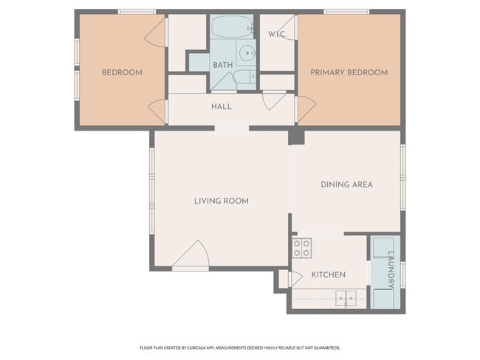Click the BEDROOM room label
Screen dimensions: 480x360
(x=122, y=72)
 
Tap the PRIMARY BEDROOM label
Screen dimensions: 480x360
(x=349, y=72)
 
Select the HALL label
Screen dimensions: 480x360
(x=222, y=107)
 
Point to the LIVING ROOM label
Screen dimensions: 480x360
(x=222, y=201)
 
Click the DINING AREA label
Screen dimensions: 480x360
(x=346, y=184)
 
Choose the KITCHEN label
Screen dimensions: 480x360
(x=329, y=274)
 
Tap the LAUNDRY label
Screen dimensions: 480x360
(x=391, y=270)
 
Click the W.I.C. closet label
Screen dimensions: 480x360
(x=277, y=34)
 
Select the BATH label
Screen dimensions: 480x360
(x=223, y=65)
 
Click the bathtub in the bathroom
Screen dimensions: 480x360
(x=232, y=27)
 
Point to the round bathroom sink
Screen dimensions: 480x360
(x=247, y=54)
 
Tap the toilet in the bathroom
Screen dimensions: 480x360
(x=245, y=77)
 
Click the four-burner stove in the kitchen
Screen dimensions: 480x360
(x=301, y=248)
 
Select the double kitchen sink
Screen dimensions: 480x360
(x=346, y=299)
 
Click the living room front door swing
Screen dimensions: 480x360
(x=191, y=255)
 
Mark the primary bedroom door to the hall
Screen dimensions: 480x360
(x=306, y=108)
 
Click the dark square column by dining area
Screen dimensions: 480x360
(x=296, y=137)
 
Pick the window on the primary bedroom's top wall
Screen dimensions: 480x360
(x=347, y=12)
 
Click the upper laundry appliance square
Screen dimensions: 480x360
(x=383, y=248)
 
